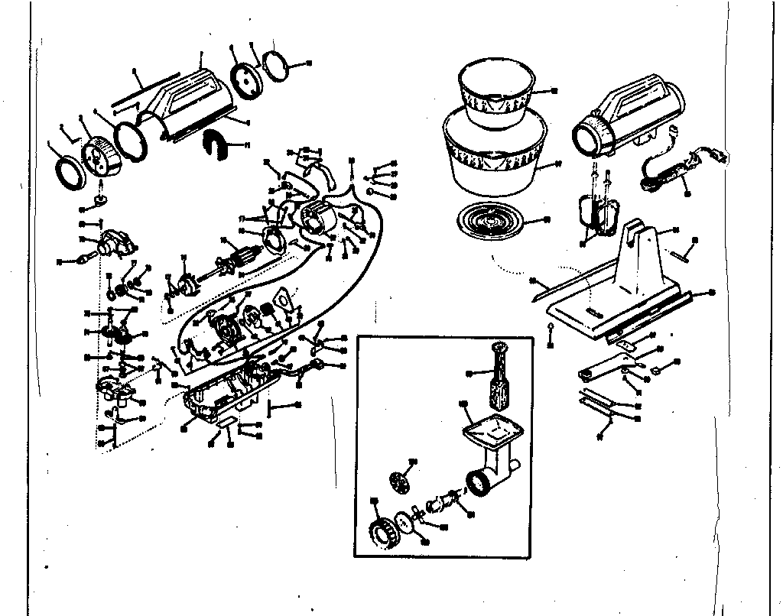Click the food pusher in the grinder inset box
(500, 379)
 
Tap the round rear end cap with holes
(245, 79)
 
